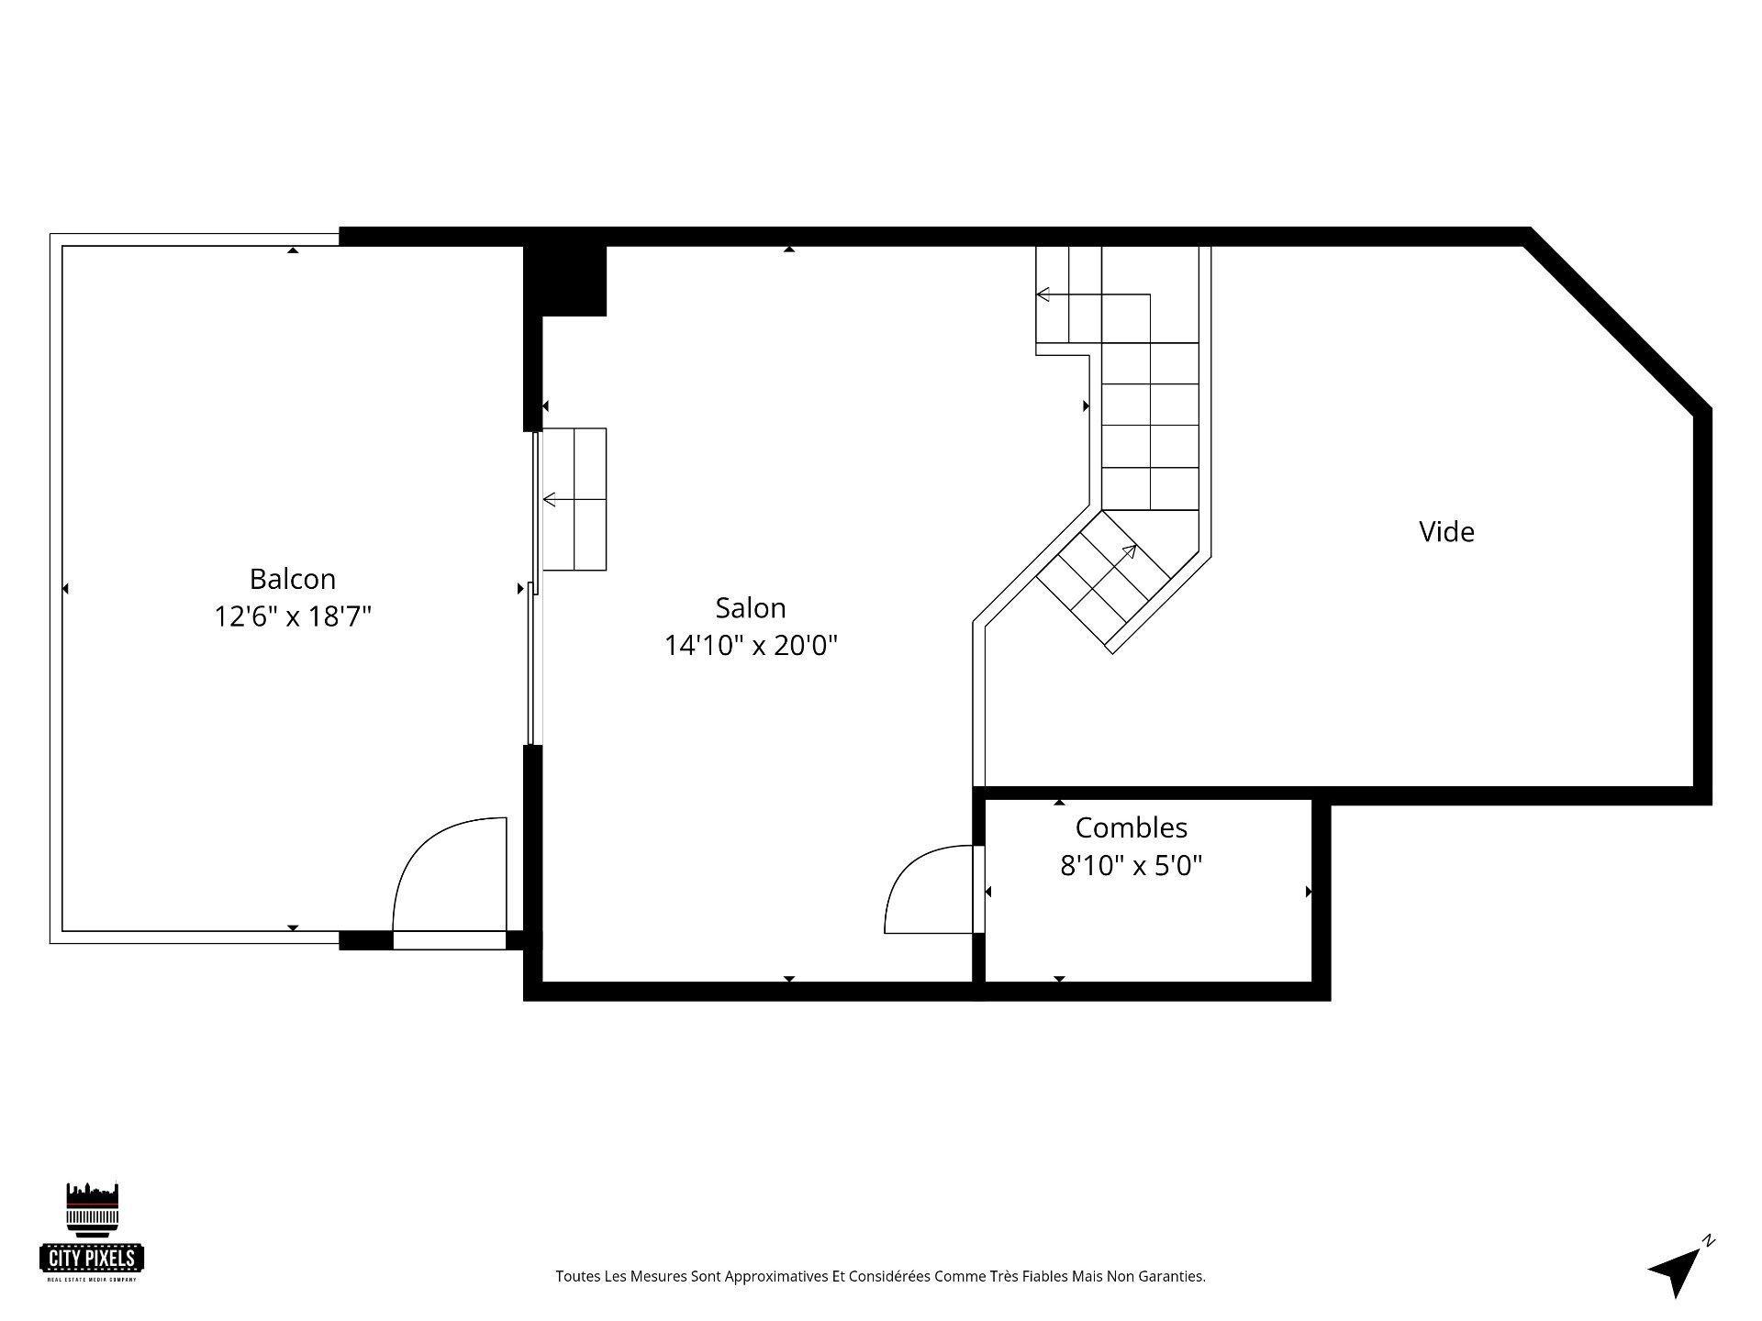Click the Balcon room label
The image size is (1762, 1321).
[x=293, y=579]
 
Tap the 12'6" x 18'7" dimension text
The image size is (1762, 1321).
[x=293, y=616]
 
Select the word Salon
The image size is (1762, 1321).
[x=751, y=608]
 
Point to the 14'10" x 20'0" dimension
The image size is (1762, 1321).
[x=751, y=646]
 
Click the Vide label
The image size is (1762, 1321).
[x=1446, y=532]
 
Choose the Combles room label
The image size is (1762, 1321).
[x=1131, y=827]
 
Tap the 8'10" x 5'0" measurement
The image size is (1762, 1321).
[x=1131, y=865]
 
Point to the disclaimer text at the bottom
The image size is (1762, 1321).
[x=880, y=1276]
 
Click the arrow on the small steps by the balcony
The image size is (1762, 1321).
[x=551, y=500]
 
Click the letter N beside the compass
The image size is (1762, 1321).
[x=1708, y=1241]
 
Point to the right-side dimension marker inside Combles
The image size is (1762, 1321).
[x=1308, y=891]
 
